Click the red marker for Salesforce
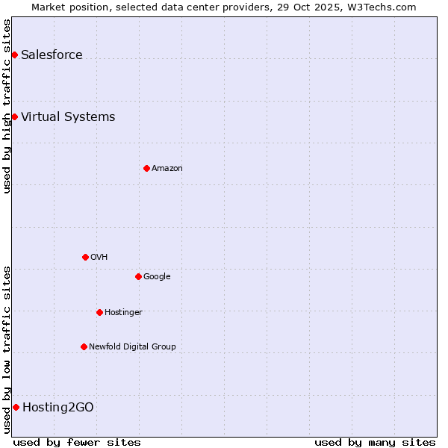click(14, 55)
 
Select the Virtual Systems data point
click(14, 116)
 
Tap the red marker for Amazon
click(146, 168)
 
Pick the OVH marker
click(85, 257)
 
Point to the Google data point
click(138, 276)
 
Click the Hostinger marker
click(99, 312)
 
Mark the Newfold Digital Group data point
click(84, 346)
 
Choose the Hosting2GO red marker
click(16, 407)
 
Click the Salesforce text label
click(52, 55)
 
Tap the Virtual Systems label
click(68, 116)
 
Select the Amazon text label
click(167, 168)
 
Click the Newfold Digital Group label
click(132, 346)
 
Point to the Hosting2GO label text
click(58, 407)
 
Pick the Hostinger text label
click(123, 312)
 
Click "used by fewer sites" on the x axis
click(77, 442)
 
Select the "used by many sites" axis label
click(375, 442)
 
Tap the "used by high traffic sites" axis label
click(7, 106)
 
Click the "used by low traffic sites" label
click(7, 349)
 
